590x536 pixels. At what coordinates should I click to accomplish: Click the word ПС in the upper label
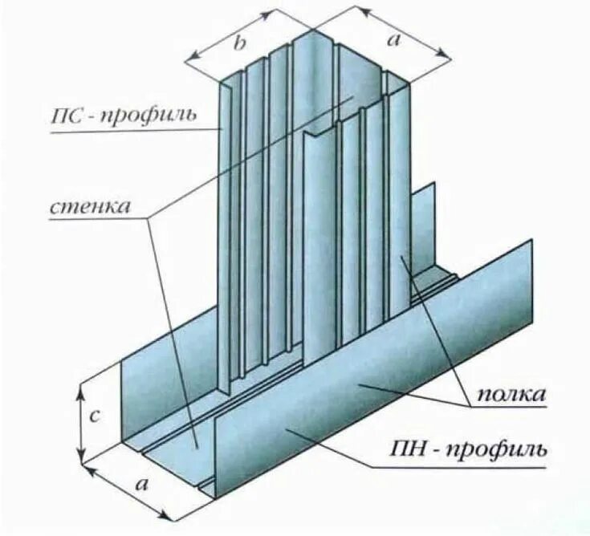pyautogui.click(x=66, y=114)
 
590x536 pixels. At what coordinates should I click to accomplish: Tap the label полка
pyautogui.click(x=511, y=394)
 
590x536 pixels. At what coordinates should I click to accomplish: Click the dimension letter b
pyautogui.click(x=239, y=44)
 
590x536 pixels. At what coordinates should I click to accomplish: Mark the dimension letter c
pyautogui.click(x=94, y=417)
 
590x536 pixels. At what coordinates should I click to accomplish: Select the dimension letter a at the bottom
pyautogui.click(x=142, y=485)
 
